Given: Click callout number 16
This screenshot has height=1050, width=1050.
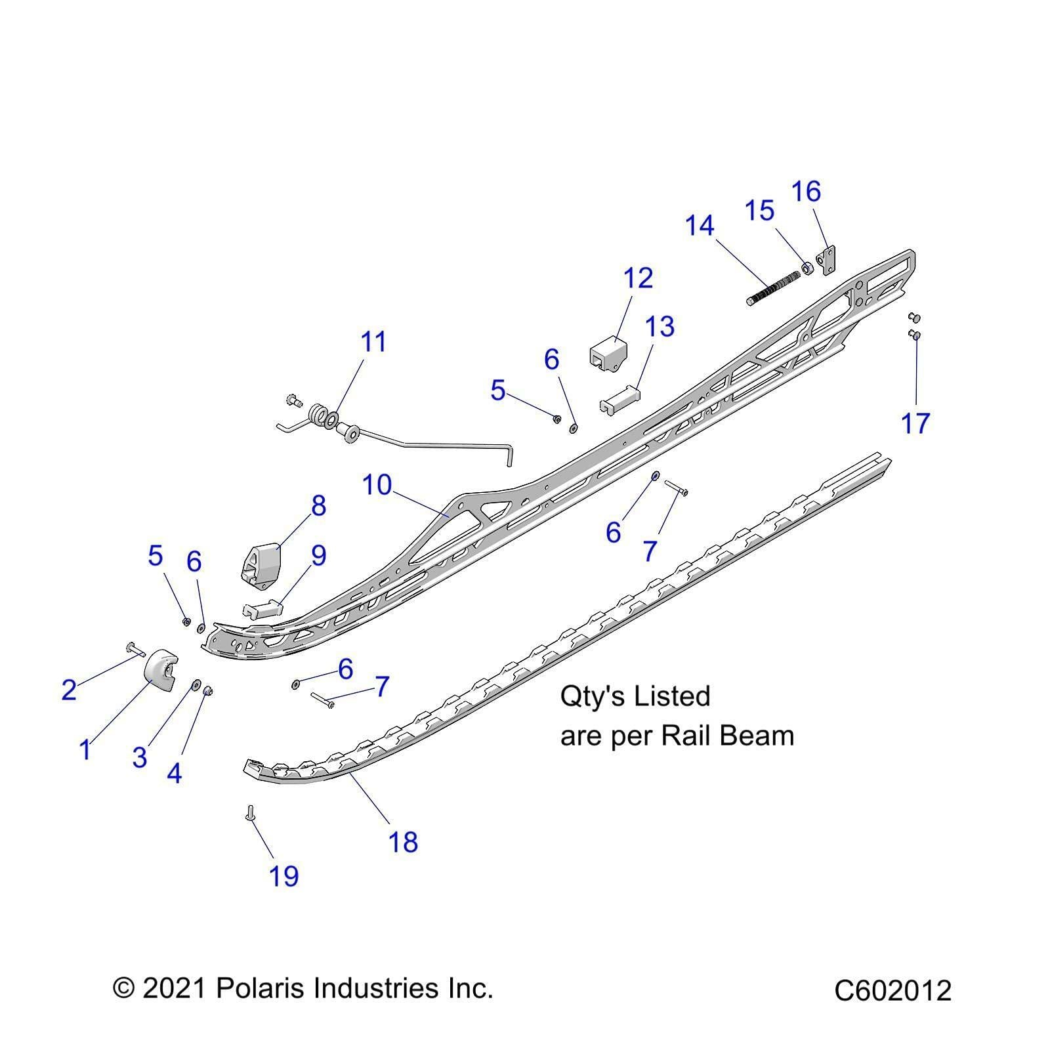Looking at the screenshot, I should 806,192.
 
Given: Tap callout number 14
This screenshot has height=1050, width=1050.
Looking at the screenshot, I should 699,226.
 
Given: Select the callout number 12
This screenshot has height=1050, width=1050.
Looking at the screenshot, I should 638,278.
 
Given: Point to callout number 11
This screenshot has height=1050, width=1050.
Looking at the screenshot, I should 373,342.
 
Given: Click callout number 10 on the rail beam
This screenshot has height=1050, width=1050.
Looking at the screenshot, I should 377,486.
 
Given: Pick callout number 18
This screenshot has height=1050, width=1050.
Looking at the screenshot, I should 403,842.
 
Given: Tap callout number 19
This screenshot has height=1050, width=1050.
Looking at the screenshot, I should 283,876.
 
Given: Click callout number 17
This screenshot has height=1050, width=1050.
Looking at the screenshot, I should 915,423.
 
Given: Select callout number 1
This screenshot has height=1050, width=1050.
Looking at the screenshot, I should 85,749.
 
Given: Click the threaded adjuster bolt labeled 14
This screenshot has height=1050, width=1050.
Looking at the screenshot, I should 774,288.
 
